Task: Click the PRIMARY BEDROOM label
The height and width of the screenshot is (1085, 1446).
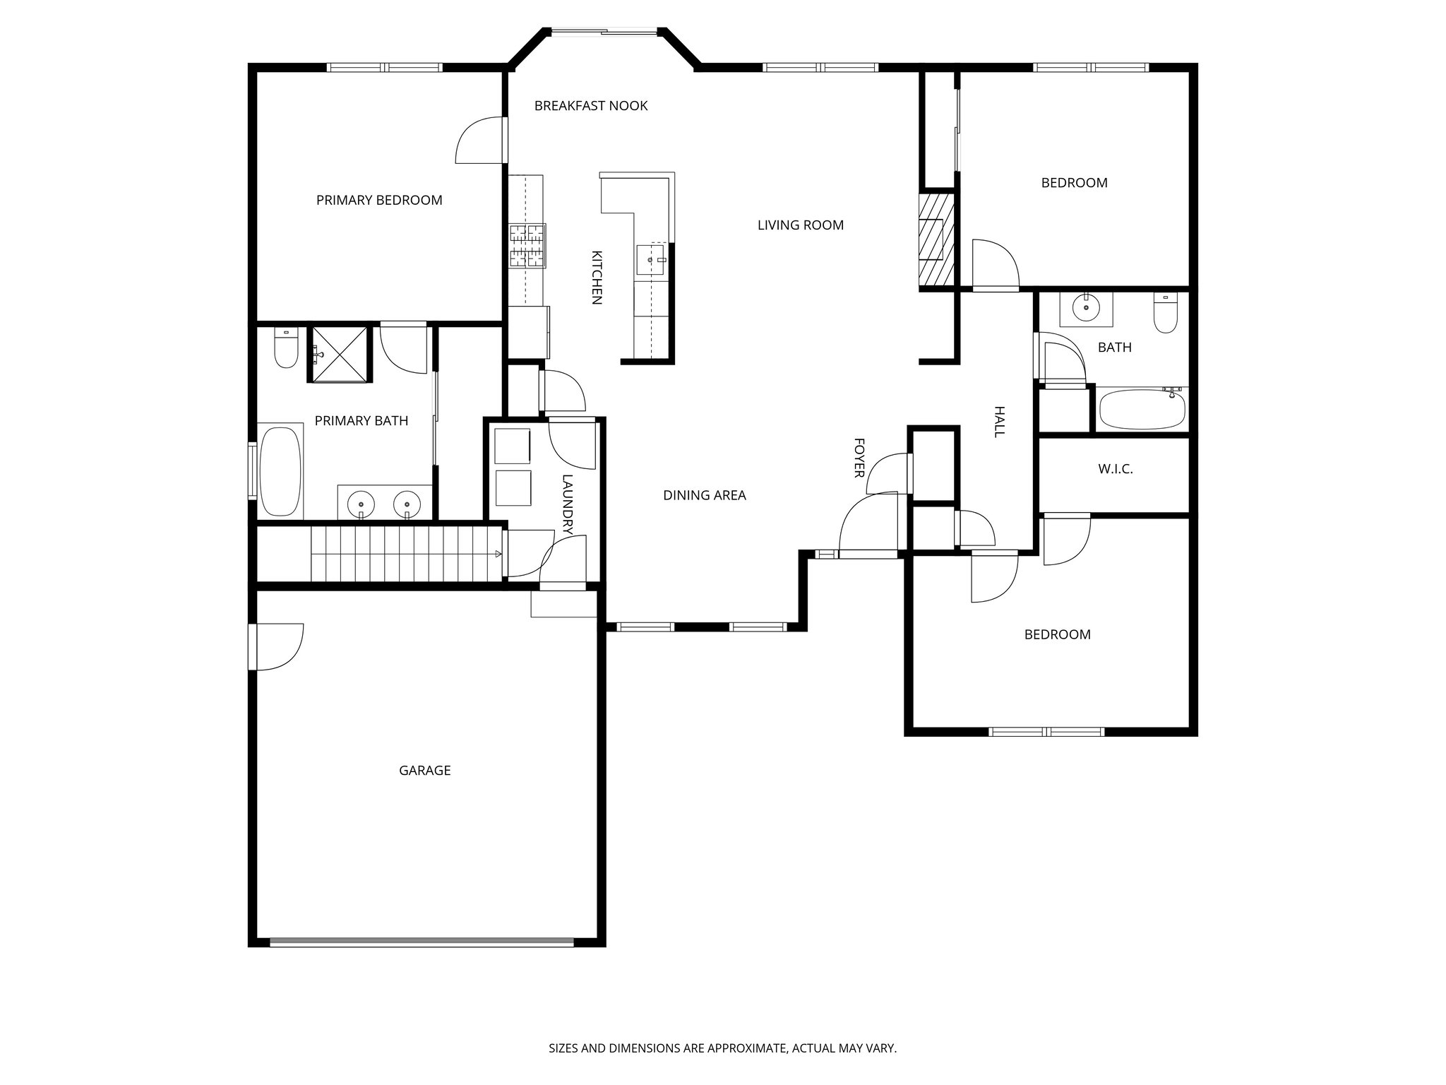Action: tap(379, 200)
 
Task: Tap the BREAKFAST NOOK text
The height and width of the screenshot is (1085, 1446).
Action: tap(590, 106)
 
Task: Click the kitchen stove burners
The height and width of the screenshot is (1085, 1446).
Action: tap(528, 246)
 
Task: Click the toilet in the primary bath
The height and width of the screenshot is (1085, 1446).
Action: tap(286, 349)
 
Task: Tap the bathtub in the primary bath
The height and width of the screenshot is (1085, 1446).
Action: tap(280, 470)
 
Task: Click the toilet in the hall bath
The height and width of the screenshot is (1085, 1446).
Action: tap(1165, 314)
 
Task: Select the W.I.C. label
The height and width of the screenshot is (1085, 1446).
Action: tap(1116, 469)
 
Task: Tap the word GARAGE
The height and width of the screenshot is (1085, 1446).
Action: tap(424, 771)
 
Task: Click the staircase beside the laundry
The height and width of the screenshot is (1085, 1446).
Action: tap(406, 554)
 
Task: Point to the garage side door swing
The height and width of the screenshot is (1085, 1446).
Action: tap(278, 646)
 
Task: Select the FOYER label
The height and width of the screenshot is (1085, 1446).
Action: tap(859, 458)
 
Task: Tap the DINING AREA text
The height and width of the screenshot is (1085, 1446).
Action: tap(704, 496)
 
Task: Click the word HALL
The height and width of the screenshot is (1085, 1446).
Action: tap(999, 422)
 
